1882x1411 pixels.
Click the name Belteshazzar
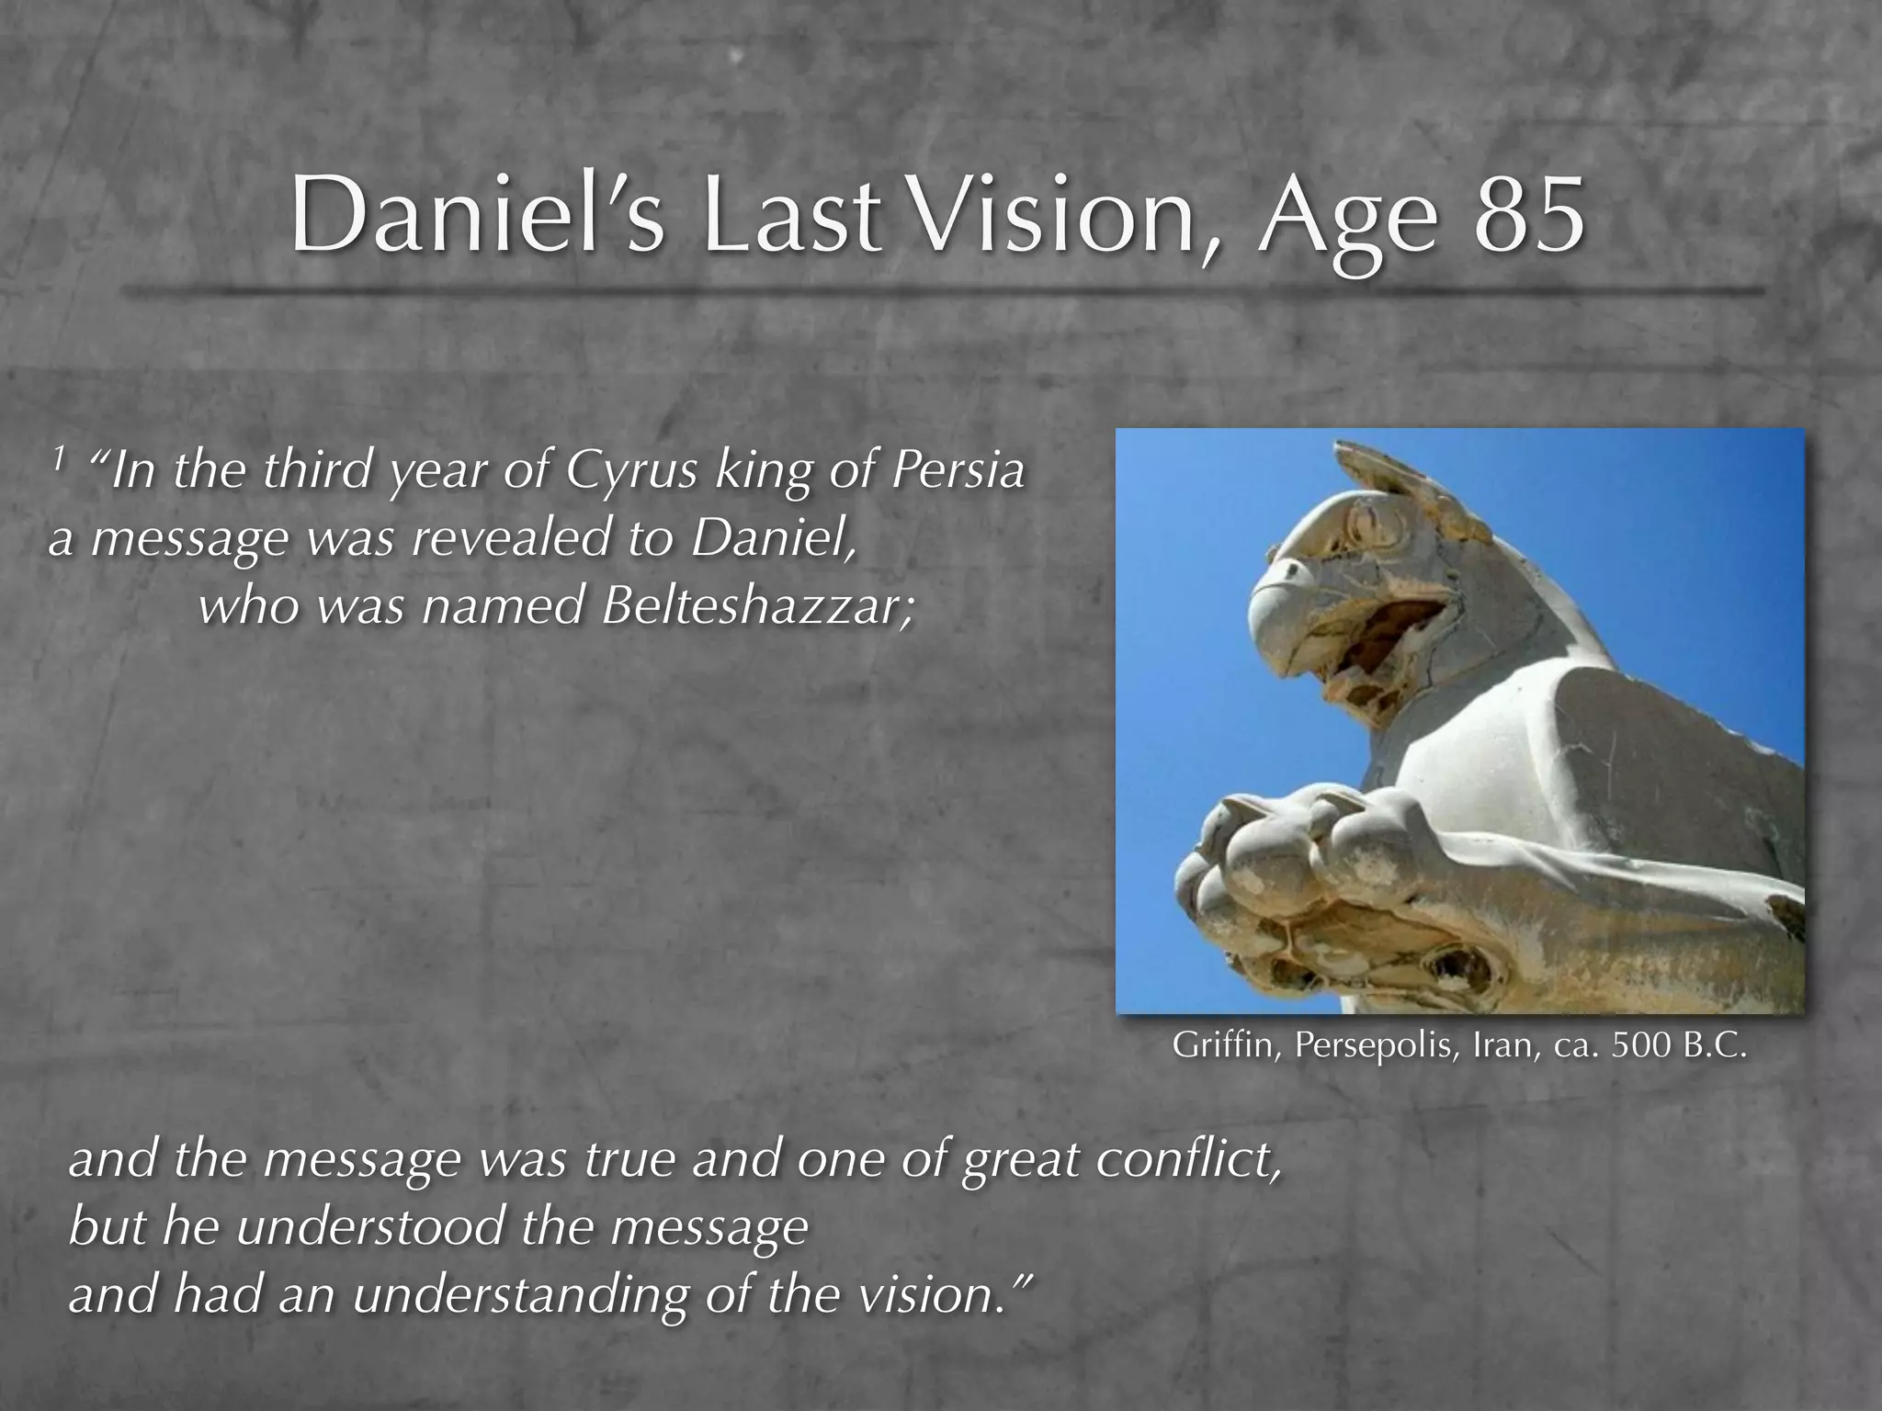click(x=757, y=607)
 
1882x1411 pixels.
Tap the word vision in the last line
click(x=935, y=1294)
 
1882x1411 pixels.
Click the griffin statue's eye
click(x=1371, y=524)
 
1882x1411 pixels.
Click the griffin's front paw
click(x=1305, y=864)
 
